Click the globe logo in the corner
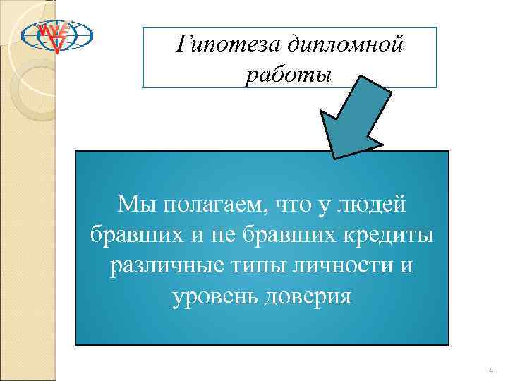pyautogui.click(x=56, y=35)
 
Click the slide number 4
pyautogui.click(x=490, y=370)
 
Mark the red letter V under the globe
pyautogui.click(x=56, y=47)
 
